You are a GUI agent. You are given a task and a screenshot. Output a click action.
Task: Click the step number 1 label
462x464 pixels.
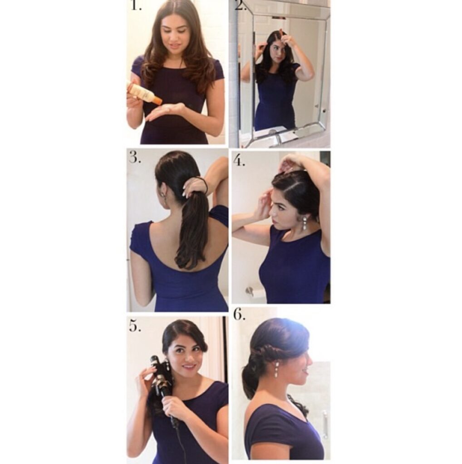136,5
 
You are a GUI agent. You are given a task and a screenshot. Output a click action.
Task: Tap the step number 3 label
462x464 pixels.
135,158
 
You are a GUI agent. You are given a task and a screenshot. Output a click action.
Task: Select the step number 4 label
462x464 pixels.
239,161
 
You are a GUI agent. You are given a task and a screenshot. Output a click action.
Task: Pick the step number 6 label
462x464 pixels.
239,314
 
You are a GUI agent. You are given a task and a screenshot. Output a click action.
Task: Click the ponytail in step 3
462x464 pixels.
189,228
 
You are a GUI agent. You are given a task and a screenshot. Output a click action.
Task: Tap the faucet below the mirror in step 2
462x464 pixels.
275,136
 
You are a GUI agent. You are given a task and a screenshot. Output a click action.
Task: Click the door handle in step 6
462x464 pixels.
325,424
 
